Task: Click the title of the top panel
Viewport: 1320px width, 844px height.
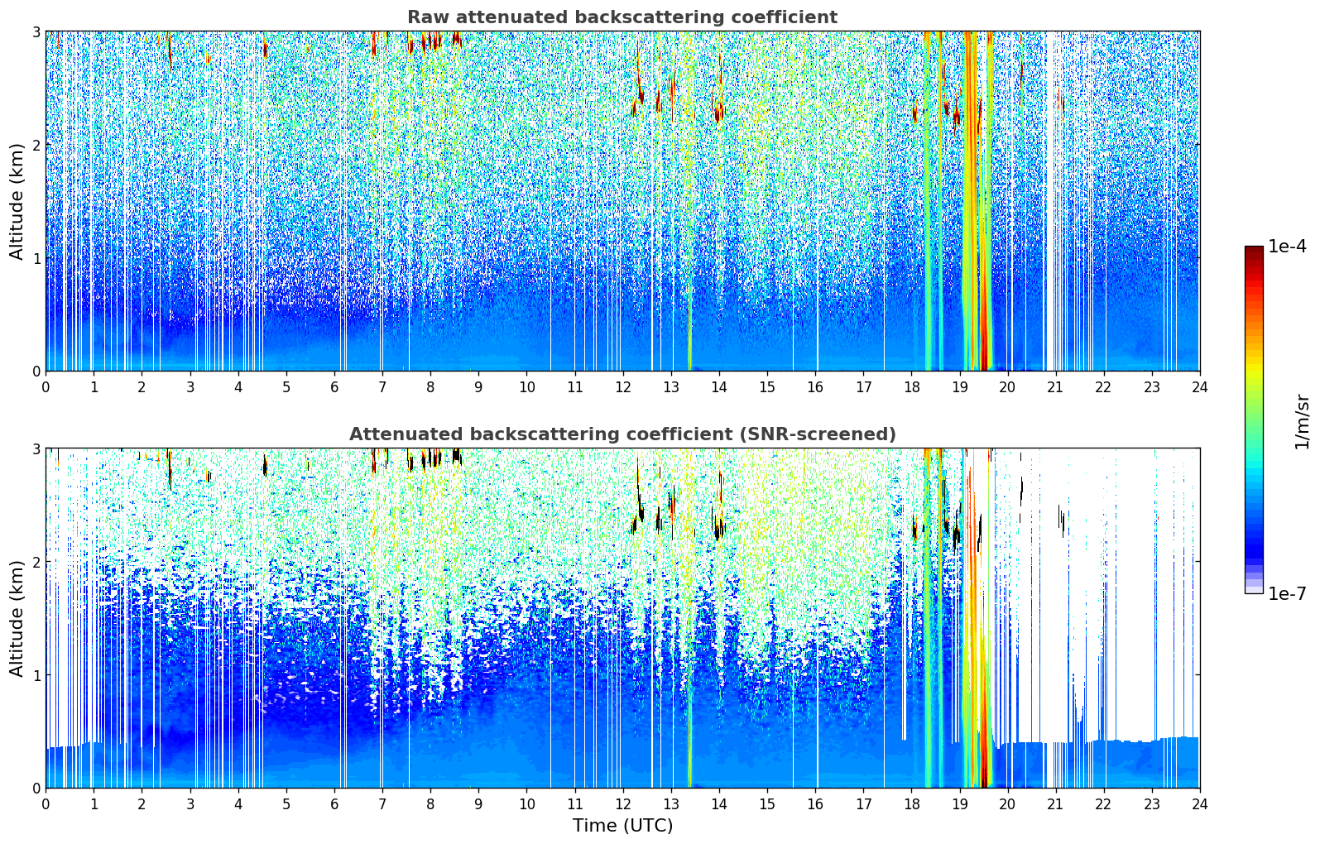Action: [622, 17]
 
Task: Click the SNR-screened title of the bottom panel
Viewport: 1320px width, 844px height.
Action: [622, 434]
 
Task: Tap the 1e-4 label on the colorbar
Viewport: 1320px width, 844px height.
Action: [1287, 247]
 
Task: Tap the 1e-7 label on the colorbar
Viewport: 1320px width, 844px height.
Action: [1287, 593]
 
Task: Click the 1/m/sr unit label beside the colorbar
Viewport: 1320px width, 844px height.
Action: [1302, 421]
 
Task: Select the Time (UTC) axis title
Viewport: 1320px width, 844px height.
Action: [622, 826]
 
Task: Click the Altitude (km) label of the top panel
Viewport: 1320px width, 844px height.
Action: [17, 201]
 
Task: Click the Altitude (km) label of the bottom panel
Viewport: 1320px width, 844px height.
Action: [17, 618]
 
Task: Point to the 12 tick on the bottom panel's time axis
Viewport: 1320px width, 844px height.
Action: [622, 803]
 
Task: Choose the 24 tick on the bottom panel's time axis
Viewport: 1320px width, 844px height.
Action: [1199, 803]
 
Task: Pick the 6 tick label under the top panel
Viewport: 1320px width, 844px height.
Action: [334, 386]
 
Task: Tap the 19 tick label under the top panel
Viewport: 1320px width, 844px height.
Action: [959, 386]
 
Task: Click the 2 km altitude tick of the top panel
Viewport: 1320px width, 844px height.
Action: [36, 145]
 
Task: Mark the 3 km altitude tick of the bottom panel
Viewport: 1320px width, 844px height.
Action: [36, 448]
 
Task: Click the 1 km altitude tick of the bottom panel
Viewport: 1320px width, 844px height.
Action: [36, 675]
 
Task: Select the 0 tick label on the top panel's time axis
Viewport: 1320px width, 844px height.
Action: [46, 386]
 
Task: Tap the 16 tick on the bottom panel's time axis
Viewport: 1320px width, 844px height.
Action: [815, 803]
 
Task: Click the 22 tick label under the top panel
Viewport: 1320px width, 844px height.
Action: [1103, 386]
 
